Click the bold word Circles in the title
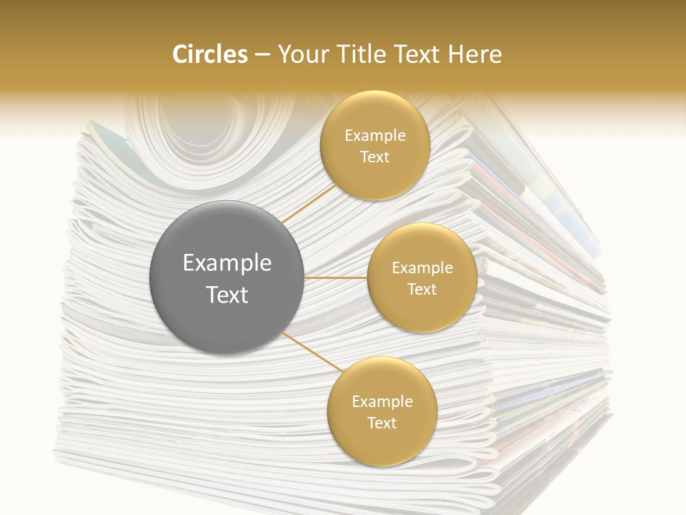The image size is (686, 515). pyautogui.click(x=209, y=54)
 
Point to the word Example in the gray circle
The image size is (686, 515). pyautogui.click(x=227, y=263)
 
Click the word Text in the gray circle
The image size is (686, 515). pyautogui.click(x=227, y=295)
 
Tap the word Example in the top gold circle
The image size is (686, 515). pyautogui.click(x=374, y=136)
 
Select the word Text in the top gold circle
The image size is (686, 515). pyautogui.click(x=374, y=157)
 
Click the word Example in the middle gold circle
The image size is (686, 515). pyautogui.click(x=422, y=268)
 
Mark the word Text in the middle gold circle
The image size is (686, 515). pyautogui.click(x=422, y=289)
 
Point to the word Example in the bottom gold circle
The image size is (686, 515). pyautogui.click(x=382, y=402)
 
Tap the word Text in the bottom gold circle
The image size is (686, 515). pyautogui.click(x=382, y=423)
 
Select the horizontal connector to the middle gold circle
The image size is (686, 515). pyautogui.click(x=336, y=278)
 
